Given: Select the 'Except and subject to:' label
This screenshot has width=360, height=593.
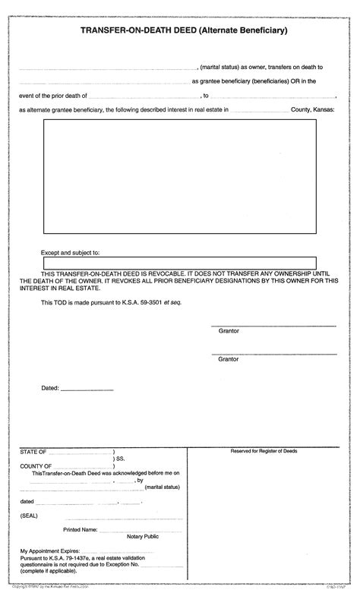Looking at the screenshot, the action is (x=70, y=251).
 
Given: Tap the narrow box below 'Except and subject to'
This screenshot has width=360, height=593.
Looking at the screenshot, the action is (x=179, y=263).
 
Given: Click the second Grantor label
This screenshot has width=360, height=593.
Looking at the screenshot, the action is (x=229, y=358).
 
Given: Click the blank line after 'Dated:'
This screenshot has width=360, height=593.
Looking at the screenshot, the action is (x=87, y=390).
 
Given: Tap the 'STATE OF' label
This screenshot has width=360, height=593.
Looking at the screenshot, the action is (x=33, y=451).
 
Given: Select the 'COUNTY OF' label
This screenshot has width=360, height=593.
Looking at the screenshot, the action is (x=36, y=465).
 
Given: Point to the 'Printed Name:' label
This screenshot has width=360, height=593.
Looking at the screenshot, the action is (x=80, y=528).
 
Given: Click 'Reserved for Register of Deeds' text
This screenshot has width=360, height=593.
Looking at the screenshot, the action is (x=264, y=451).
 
